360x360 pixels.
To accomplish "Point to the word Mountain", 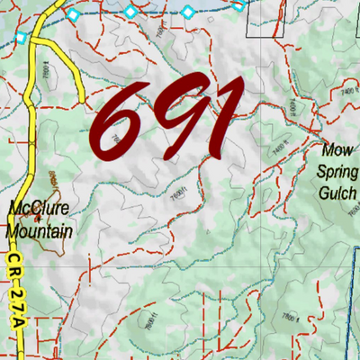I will pos(40,230).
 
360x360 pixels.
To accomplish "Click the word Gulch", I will pos(338,193).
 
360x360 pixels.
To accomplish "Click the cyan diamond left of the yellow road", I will pos(21,37).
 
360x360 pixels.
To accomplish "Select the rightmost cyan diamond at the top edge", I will pos(238,4).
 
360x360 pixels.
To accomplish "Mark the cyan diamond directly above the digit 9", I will pos(188,12).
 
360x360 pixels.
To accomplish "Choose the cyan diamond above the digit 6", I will pos(130,12).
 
